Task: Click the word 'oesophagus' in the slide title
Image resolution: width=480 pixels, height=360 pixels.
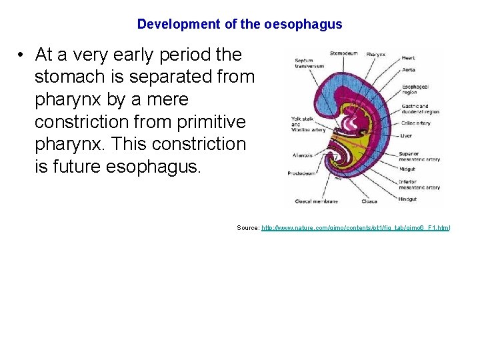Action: coord(303,25)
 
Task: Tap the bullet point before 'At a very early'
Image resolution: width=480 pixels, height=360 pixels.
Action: coord(22,55)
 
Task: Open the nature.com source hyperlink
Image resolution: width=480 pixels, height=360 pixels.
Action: coord(355,228)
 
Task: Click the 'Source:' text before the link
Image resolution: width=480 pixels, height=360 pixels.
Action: coord(248,228)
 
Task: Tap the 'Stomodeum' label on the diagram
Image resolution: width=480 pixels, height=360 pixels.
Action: coord(344,53)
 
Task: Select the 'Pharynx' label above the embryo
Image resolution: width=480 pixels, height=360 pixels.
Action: coord(375,53)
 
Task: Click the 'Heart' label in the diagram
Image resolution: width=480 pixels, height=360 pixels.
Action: coord(408,59)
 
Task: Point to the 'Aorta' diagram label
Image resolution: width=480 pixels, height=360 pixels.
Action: coord(408,70)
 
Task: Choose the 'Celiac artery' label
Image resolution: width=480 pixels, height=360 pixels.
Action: coord(415,123)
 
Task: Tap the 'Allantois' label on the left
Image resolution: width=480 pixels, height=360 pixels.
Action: coord(302,155)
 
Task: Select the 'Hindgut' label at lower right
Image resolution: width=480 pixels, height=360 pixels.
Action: coord(409,199)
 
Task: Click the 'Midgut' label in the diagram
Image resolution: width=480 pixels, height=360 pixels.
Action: coord(408,169)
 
